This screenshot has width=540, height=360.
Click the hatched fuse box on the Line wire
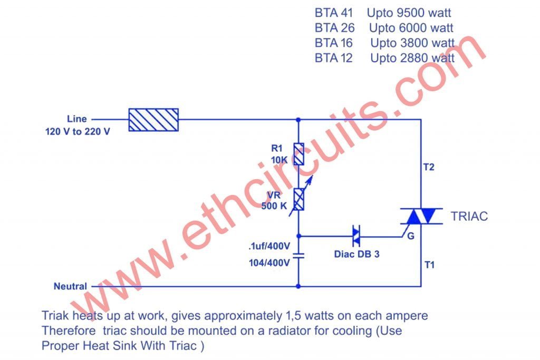point(153,119)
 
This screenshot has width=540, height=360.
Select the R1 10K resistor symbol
point(299,154)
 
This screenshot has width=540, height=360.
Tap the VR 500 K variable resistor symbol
point(299,199)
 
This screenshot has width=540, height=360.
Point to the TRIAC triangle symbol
point(421,216)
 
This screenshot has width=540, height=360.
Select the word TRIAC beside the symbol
point(469,216)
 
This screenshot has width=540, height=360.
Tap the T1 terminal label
point(429,265)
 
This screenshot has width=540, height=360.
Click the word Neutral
point(70,286)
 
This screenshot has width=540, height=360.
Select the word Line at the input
point(76,119)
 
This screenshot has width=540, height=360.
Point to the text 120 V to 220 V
point(77,131)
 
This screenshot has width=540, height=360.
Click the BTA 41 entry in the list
point(334,13)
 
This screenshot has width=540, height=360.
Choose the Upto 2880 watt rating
point(412,58)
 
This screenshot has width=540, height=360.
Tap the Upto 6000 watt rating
point(411,28)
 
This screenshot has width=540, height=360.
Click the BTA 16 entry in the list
point(334,43)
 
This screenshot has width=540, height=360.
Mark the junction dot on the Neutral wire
point(299,286)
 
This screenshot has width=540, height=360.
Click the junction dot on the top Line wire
point(299,119)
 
